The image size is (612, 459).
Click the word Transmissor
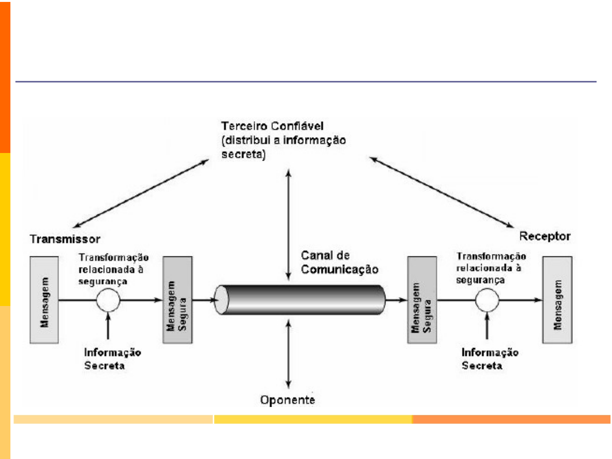click(x=65, y=239)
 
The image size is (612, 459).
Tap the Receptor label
click(x=545, y=236)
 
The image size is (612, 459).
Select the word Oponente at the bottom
click(x=288, y=400)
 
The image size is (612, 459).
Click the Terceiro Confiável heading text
click(x=272, y=126)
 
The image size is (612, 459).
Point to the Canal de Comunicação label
click(x=339, y=262)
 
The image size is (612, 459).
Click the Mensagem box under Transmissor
click(x=44, y=300)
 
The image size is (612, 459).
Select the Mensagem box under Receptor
click(x=557, y=300)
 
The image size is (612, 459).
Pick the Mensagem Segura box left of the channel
click(x=177, y=300)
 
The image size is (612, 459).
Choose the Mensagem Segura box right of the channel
click(x=422, y=300)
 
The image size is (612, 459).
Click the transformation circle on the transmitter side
click(x=108, y=300)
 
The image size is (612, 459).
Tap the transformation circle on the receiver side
click(x=487, y=300)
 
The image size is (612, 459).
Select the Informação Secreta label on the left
click(x=112, y=359)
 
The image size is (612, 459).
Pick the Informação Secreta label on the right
click(x=489, y=359)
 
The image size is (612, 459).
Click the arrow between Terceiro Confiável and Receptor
click(x=442, y=192)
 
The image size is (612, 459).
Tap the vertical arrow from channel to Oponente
click(x=288, y=354)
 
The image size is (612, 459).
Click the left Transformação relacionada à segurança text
click(x=113, y=269)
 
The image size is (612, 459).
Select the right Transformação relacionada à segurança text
click(x=491, y=268)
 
